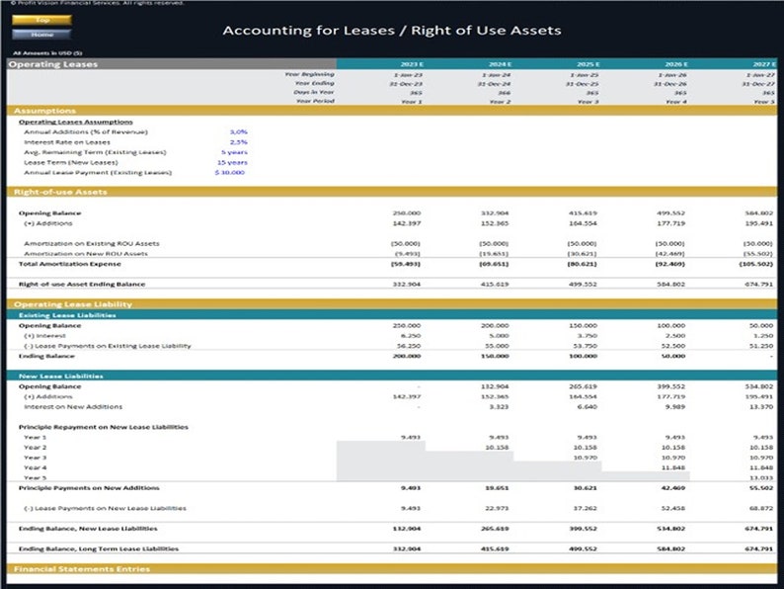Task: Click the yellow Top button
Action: tap(41, 20)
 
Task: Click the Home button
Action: tap(41, 35)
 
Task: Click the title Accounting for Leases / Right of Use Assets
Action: tap(391, 30)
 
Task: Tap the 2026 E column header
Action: tap(675, 64)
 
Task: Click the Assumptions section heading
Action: tap(45, 111)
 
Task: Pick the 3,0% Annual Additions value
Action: tap(238, 131)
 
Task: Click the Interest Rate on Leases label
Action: tap(67, 142)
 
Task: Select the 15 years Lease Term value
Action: tap(234, 162)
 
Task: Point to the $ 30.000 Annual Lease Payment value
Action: tap(230, 172)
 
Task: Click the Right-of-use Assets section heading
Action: tap(60, 192)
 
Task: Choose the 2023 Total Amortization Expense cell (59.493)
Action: tap(406, 264)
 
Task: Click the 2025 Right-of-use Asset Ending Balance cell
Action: tap(583, 284)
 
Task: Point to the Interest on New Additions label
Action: tap(73, 406)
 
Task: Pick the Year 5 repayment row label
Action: tap(36, 477)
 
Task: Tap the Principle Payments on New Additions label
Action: tap(89, 488)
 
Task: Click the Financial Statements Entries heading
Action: tap(82, 569)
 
